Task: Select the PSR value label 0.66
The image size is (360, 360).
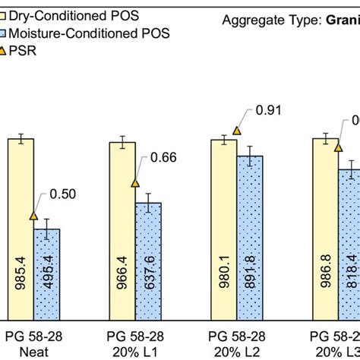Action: [163, 158]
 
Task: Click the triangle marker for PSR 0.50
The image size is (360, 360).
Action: [33, 216]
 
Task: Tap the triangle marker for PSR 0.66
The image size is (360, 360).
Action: [135, 182]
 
